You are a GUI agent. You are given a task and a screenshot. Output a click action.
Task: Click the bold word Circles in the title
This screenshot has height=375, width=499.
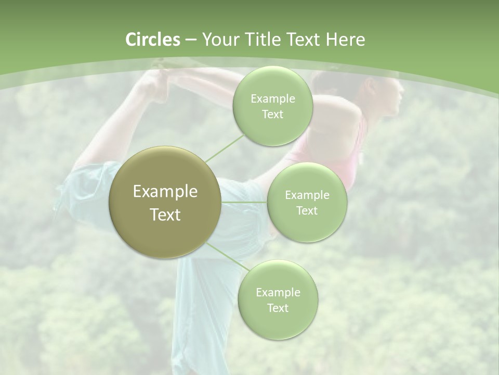tap(153, 40)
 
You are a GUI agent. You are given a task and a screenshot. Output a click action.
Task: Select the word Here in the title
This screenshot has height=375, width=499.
tap(345, 40)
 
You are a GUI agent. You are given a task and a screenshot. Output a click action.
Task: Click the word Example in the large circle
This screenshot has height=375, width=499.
tap(165, 192)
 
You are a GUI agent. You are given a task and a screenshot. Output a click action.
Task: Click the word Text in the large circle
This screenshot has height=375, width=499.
tap(165, 215)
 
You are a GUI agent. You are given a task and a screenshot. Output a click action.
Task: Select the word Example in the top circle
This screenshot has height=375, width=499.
tap(273, 99)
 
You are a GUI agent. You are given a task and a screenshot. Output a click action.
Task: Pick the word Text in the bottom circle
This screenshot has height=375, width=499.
tap(278, 308)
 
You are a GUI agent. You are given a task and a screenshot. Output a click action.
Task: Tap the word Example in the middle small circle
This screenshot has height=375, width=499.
tap(307, 195)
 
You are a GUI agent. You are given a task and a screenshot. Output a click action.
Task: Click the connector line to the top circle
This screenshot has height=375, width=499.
tap(225, 147)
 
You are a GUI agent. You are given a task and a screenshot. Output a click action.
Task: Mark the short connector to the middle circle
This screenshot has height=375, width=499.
tap(244, 202)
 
